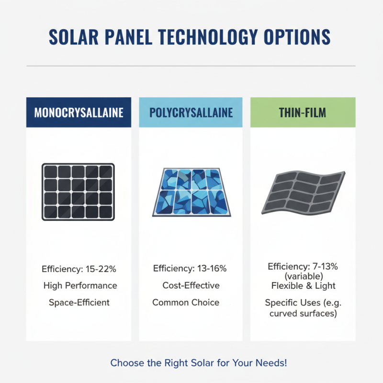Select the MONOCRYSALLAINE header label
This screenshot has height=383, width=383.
79,113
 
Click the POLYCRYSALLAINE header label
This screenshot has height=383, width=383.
191,113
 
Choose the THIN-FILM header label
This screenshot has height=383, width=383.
303,113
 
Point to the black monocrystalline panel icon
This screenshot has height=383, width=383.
78,192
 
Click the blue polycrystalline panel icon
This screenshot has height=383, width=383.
191,192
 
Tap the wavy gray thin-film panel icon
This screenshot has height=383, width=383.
303,191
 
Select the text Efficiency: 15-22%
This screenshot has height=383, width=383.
79,269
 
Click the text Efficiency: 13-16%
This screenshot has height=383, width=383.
190,269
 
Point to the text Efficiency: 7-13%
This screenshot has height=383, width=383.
303,267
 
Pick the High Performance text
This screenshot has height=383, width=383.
80,285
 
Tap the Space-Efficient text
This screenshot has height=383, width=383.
79,303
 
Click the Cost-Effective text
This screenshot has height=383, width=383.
191,285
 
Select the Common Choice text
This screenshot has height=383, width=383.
186,303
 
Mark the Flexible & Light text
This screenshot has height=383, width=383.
303,286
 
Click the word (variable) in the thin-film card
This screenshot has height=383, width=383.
303,276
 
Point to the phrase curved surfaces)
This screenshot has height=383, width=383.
303,314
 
